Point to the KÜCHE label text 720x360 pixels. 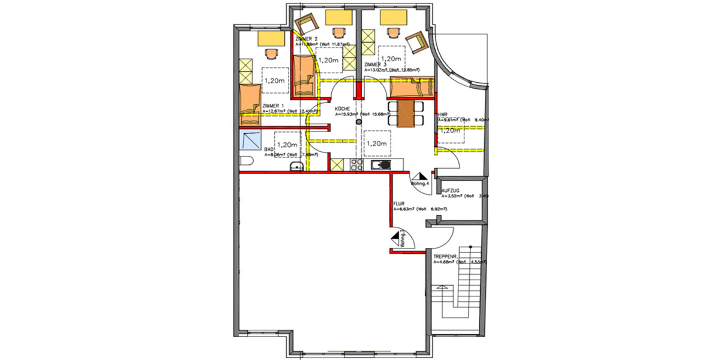click(x=343, y=109)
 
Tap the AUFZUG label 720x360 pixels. click(x=452, y=190)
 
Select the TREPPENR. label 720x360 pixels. click(x=446, y=256)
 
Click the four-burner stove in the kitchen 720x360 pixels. click(x=356, y=164)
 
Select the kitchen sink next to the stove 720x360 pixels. click(x=380, y=165)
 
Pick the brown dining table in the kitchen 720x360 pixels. click(x=407, y=113)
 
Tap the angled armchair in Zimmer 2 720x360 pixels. click(x=307, y=23)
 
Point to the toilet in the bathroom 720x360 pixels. click(x=245, y=163)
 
